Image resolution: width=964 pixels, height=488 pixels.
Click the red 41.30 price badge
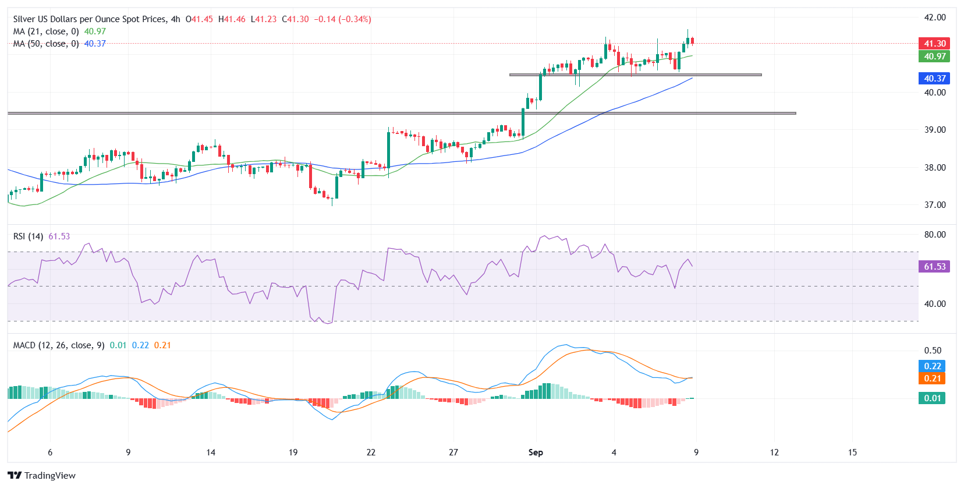(x=934, y=44)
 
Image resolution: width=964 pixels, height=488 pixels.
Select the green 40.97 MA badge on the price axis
(x=934, y=56)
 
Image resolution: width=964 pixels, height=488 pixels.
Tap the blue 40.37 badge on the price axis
(x=934, y=78)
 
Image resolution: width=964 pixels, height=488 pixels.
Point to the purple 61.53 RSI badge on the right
(x=934, y=266)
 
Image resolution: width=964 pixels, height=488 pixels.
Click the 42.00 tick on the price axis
(x=935, y=17)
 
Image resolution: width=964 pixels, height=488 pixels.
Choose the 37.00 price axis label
(x=935, y=205)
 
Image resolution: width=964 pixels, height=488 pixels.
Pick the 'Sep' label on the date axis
(x=536, y=452)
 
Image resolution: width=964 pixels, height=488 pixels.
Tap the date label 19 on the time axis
(x=293, y=452)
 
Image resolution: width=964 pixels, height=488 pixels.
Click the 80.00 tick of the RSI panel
(x=935, y=235)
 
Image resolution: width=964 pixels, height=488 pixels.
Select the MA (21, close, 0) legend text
(x=46, y=31)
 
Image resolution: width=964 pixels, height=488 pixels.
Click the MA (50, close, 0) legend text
(x=46, y=44)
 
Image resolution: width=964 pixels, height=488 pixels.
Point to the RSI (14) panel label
(x=29, y=236)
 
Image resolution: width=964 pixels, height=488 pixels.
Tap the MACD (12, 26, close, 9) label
(x=59, y=345)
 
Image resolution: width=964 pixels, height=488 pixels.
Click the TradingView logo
(x=42, y=475)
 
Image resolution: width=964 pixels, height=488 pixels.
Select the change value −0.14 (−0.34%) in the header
(x=342, y=19)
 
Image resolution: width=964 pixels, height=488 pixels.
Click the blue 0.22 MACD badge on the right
(x=932, y=366)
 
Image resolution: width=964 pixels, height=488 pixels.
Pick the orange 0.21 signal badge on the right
(x=932, y=379)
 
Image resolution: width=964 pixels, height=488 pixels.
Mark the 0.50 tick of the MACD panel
(x=933, y=351)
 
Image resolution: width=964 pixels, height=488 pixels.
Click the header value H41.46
(x=232, y=19)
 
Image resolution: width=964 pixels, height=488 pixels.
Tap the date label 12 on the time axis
(x=774, y=452)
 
